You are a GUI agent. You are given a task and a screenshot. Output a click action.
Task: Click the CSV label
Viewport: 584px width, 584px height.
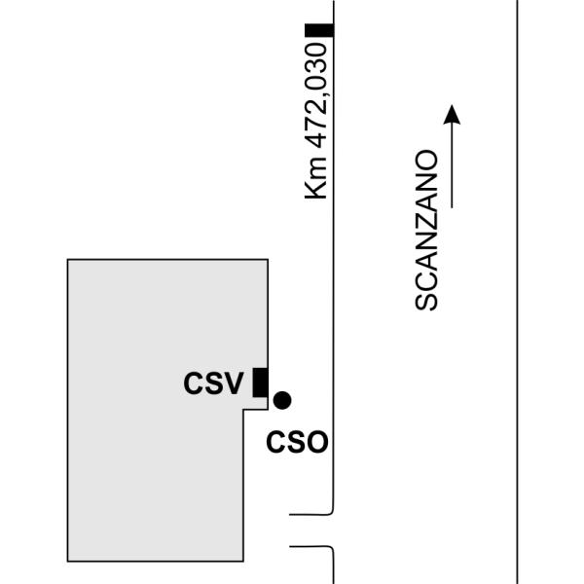(213, 383)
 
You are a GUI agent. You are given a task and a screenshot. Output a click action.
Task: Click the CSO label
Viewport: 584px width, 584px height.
(297, 442)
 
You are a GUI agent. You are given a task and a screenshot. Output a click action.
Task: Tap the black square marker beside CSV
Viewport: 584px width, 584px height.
(260, 383)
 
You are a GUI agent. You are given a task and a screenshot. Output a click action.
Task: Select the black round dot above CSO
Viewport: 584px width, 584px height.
(282, 400)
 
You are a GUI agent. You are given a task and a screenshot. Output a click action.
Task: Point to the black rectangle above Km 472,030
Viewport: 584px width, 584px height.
(319, 30)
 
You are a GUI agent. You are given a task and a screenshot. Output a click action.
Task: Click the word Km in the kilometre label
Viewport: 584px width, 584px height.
(315, 178)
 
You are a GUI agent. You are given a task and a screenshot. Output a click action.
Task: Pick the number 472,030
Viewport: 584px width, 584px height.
(316, 95)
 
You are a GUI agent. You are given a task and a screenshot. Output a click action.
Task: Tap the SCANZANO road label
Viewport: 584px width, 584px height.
(426, 230)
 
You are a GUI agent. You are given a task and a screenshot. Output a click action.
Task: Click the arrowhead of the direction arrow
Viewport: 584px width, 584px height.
(452, 114)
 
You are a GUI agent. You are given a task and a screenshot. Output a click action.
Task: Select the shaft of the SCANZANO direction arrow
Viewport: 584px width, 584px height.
(452, 165)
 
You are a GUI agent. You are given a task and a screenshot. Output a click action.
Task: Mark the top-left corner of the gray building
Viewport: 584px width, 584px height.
(68, 260)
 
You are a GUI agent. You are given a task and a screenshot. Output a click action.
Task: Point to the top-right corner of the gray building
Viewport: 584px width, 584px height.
(268, 260)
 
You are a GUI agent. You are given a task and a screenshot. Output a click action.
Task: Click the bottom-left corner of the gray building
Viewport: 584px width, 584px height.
(68, 561)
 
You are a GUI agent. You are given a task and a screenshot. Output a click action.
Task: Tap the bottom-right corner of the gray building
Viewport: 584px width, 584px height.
(243, 561)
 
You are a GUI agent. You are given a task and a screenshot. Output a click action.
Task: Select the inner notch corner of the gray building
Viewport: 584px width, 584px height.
(243, 410)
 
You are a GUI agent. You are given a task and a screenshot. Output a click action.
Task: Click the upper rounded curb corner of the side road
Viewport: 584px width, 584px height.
(331, 513)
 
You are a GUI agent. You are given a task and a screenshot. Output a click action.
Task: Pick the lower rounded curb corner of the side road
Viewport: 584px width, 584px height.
(331, 549)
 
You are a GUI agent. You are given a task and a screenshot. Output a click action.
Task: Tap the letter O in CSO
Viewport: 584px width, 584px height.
(317, 442)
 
